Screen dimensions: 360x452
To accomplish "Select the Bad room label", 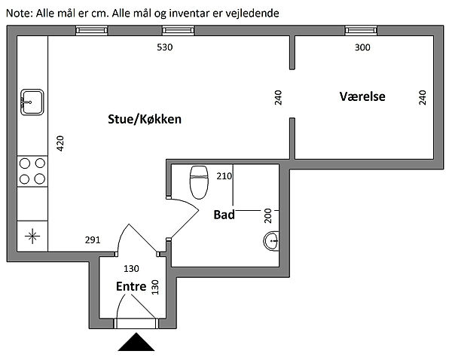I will [x=224, y=215].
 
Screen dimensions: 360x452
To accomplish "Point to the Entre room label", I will [x=130, y=286].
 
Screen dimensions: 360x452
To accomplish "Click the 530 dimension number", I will [x=165, y=47].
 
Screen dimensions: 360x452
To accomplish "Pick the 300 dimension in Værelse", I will [x=362, y=47].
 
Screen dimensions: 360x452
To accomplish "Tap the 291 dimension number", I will [x=93, y=241].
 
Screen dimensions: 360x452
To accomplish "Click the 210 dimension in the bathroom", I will [x=224, y=177].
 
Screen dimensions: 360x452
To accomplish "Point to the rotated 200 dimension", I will [x=267, y=217].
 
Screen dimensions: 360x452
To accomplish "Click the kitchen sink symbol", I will [x=32, y=100].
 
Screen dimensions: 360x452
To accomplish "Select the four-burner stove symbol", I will [x=32, y=170].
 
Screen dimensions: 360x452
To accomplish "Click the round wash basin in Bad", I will [x=272, y=241].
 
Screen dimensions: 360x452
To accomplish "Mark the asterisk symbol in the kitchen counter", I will [x=32, y=236].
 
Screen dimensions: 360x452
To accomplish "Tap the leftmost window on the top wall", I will [x=90, y=30].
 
